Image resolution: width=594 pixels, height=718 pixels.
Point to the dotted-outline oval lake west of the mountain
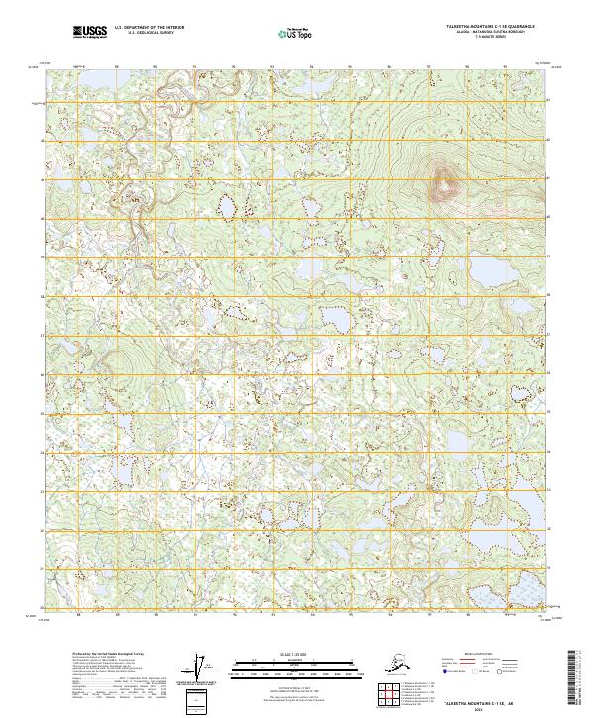227,210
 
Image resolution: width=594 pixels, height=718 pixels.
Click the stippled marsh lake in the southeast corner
522,591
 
